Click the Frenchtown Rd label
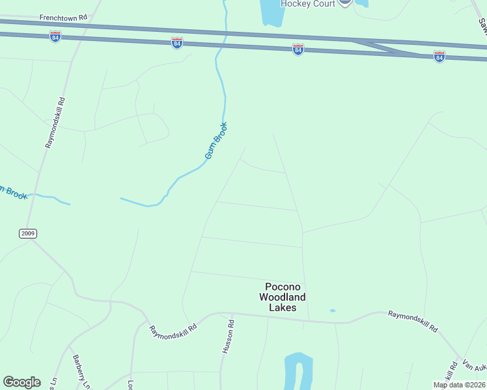[x=63, y=18]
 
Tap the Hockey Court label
[x=308, y=4]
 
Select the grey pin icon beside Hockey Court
[x=344, y=3]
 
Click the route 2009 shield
[x=28, y=233]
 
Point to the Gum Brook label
[x=216, y=140]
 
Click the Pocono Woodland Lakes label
[x=282, y=297]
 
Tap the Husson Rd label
[x=228, y=336]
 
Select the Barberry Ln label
[x=81, y=372]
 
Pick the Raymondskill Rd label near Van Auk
[x=413, y=321]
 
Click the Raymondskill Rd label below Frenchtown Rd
[x=56, y=123]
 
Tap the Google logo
[x=21, y=382]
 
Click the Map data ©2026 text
[x=459, y=385]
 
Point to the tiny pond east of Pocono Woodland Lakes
[x=333, y=311]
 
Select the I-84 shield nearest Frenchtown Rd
[x=55, y=36]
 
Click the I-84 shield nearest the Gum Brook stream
[x=177, y=43]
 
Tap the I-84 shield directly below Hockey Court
[x=298, y=49]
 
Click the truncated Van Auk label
[x=474, y=367]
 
